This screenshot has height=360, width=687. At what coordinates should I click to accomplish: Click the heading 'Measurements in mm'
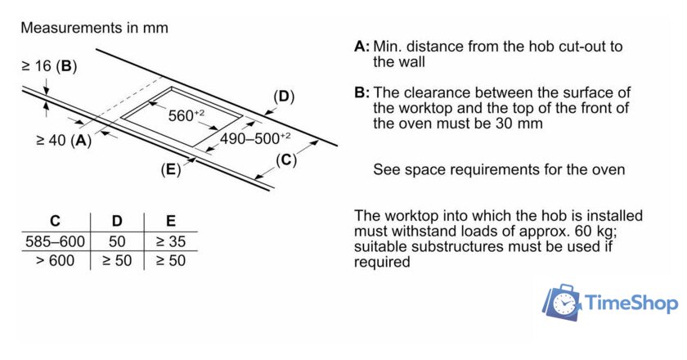[x=94, y=28]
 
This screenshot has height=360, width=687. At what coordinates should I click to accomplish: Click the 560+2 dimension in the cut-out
[x=187, y=115]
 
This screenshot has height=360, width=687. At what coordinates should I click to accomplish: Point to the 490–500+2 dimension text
[x=254, y=138]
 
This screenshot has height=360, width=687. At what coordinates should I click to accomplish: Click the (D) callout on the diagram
[x=282, y=97]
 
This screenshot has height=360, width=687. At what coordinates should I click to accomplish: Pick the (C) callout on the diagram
[x=285, y=160]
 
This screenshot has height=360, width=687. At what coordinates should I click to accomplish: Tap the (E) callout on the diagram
[x=170, y=170]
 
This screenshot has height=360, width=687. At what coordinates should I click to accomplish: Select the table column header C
[x=55, y=221]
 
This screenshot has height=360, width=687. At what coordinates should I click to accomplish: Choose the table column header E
[x=170, y=221]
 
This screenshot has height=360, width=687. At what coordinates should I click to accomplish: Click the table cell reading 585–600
[x=55, y=241]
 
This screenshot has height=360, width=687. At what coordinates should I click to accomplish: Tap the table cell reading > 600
[x=55, y=261]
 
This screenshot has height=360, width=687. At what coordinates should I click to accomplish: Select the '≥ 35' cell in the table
[x=170, y=241]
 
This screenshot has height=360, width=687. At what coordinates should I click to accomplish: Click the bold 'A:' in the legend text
[x=361, y=47]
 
